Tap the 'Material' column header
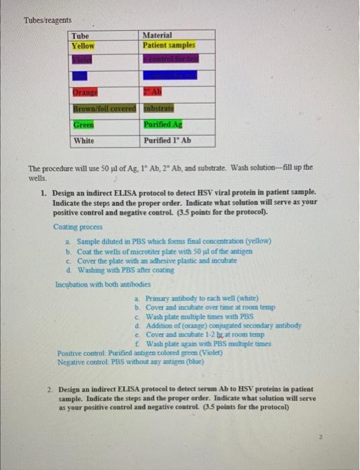click(x=158, y=36)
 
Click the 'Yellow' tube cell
click(x=85, y=46)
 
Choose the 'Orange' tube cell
click(x=84, y=92)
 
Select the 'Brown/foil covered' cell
click(x=105, y=108)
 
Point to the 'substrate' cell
click(x=159, y=108)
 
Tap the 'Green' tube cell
click(x=83, y=125)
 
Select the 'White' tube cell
click(x=85, y=141)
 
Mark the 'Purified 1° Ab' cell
click(x=167, y=141)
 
